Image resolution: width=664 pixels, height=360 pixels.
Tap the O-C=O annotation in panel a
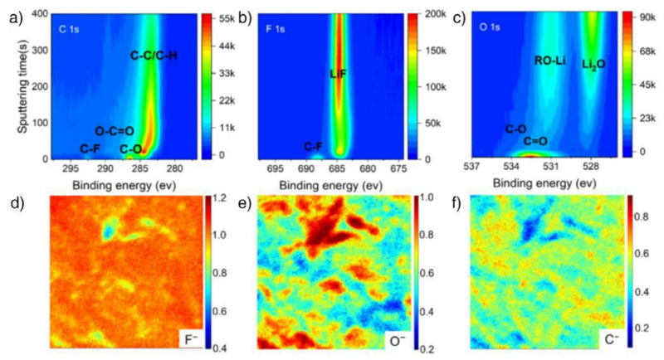coord(115,130)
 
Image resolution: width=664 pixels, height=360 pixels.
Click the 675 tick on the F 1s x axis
coord(398,168)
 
